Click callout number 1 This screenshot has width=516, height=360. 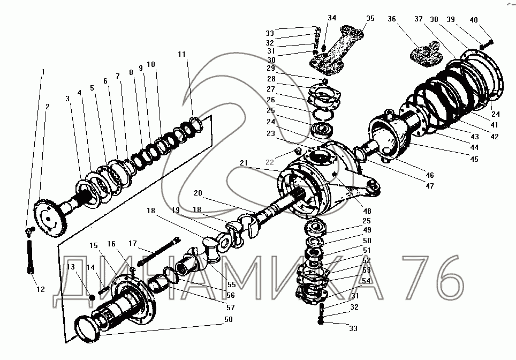pyautogui.click(x=43, y=72)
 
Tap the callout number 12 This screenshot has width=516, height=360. pyautogui.click(x=41, y=290)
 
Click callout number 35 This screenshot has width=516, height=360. pyautogui.click(x=370, y=18)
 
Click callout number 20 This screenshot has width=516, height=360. pyautogui.click(x=198, y=193)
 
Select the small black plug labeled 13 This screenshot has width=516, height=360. pyautogui.click(x=92, y=297)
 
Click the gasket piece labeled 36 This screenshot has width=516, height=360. pyautogui.click(x=424, y=54)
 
